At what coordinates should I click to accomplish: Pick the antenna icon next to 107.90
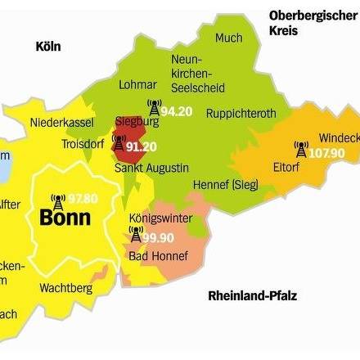point(301,150)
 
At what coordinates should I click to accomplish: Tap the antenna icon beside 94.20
point(153,107)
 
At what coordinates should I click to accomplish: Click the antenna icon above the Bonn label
point(56,200)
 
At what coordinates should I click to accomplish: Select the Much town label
point(229,38)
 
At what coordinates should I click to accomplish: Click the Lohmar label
point(137,84)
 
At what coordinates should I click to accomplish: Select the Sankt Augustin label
point(151,168)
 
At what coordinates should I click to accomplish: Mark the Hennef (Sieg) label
point(226,185)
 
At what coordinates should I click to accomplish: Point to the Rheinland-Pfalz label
point(253,295)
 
